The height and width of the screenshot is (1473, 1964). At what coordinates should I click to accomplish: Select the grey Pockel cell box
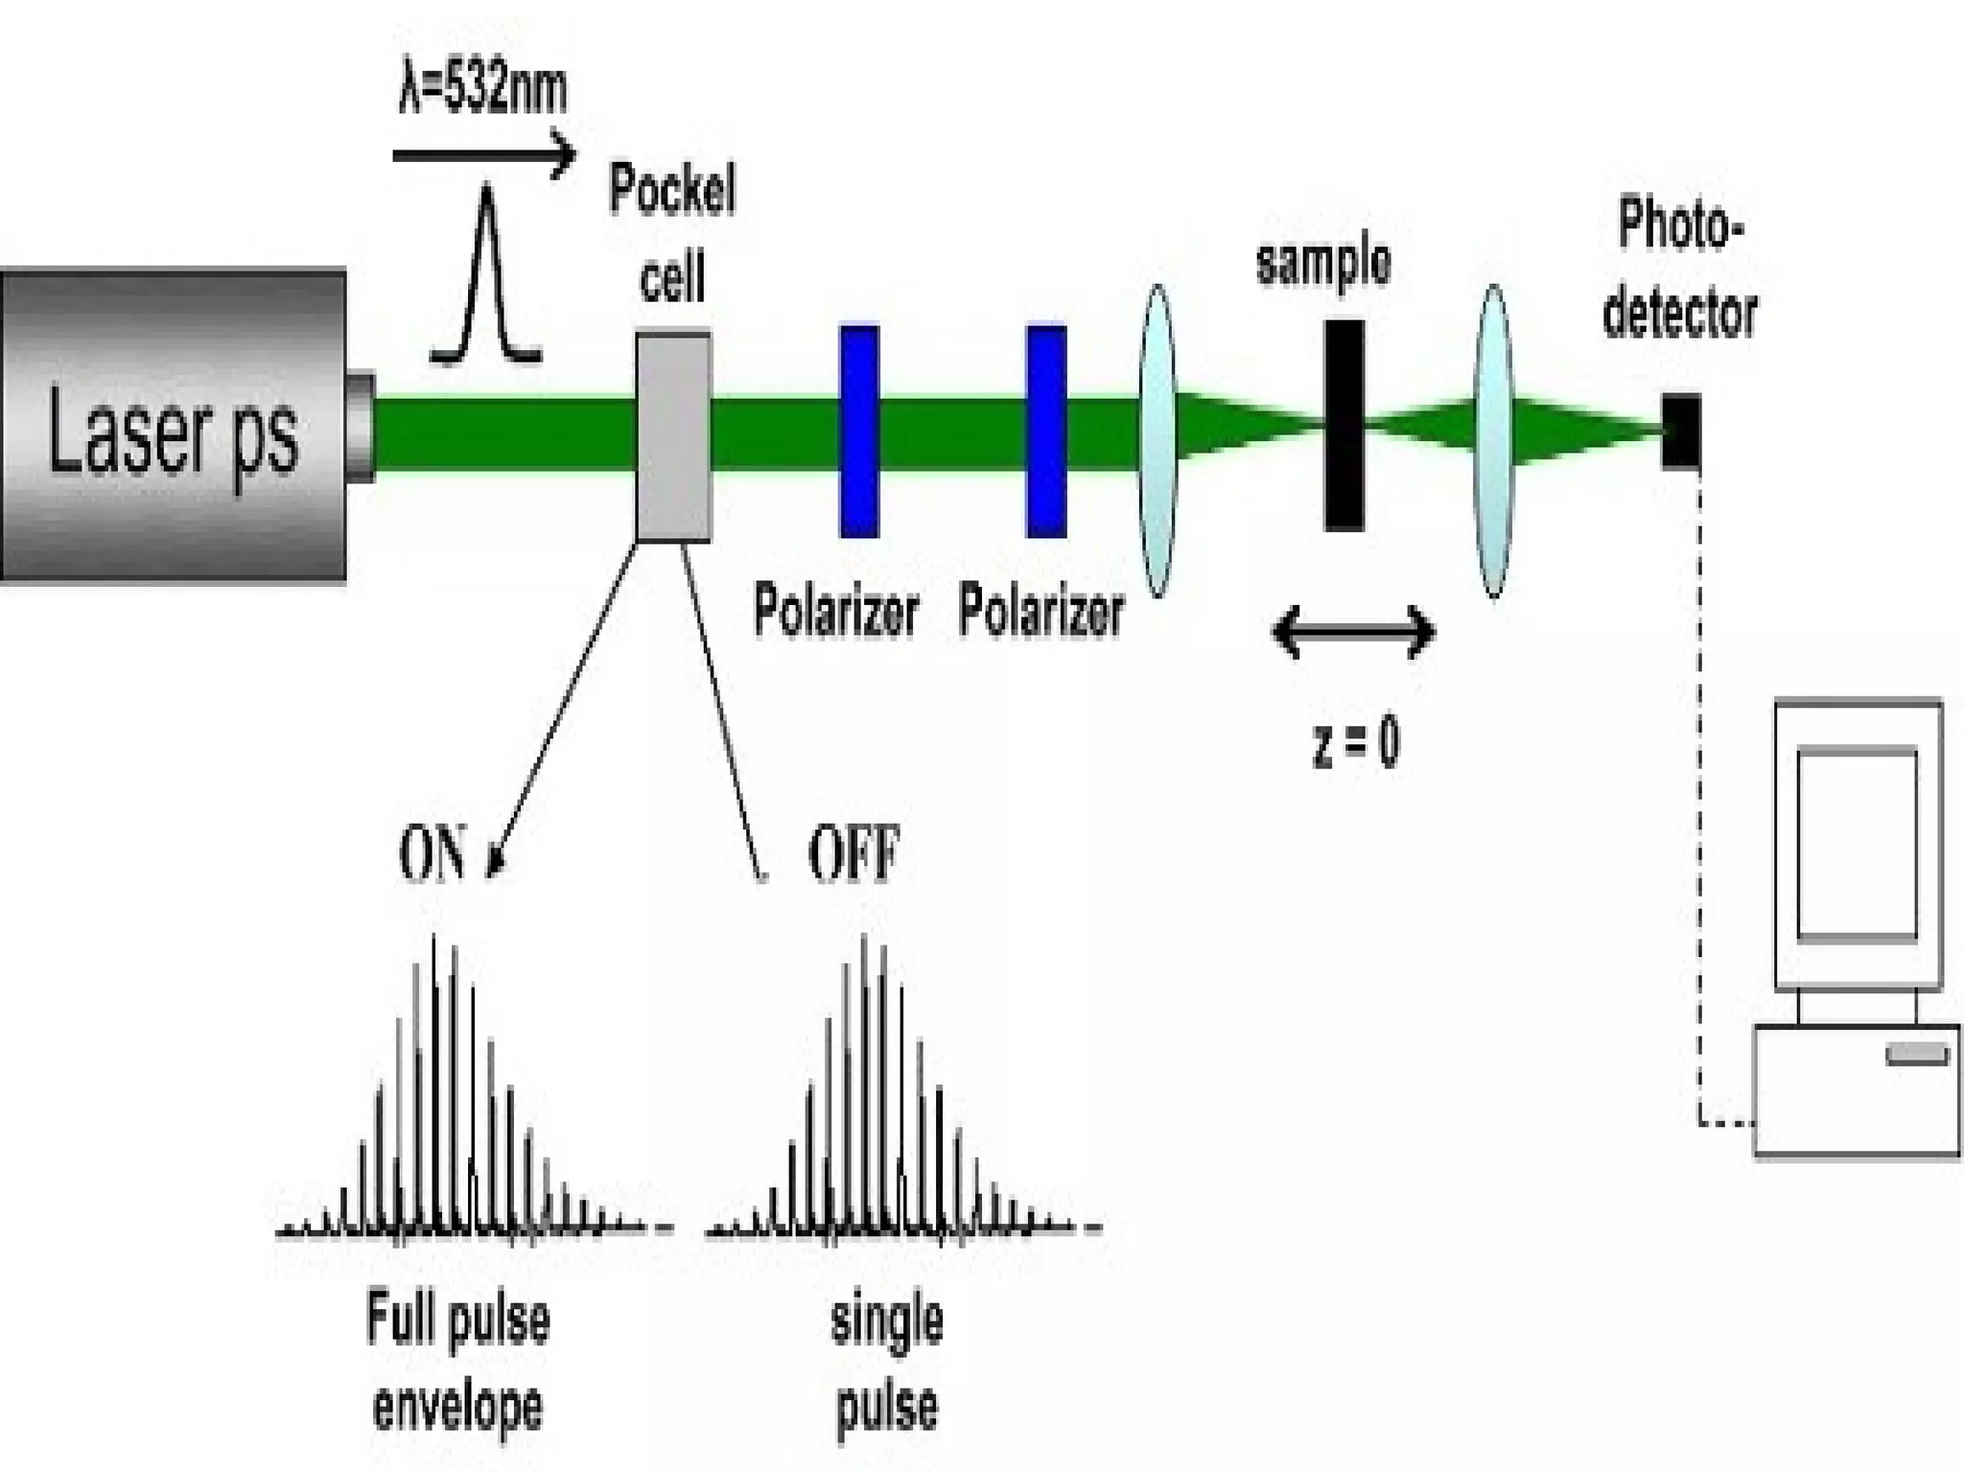click(674, 437)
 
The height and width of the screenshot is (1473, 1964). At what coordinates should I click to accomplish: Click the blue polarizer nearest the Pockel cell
click(859, 432)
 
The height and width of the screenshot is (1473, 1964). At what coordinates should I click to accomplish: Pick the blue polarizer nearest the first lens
click(1046, 432)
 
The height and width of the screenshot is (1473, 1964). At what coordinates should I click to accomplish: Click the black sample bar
click(1344, 426)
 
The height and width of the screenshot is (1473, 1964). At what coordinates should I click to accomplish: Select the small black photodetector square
click(1681, 431)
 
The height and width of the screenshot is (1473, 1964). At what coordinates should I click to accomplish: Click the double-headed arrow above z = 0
click(1353, 632)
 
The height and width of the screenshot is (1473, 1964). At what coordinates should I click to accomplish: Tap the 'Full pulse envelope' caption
click(458, 1362)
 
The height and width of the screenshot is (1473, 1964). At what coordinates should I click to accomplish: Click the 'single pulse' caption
click(887, 1362)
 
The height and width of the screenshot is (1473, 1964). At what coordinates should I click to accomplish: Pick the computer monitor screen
click(1857, 844)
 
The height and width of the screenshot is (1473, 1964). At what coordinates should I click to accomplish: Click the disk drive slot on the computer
click(1917, 1056)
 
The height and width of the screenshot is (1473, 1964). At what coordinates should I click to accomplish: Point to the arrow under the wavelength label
click(484, 154)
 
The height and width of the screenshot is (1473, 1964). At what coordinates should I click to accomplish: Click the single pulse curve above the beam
click(487, 278)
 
